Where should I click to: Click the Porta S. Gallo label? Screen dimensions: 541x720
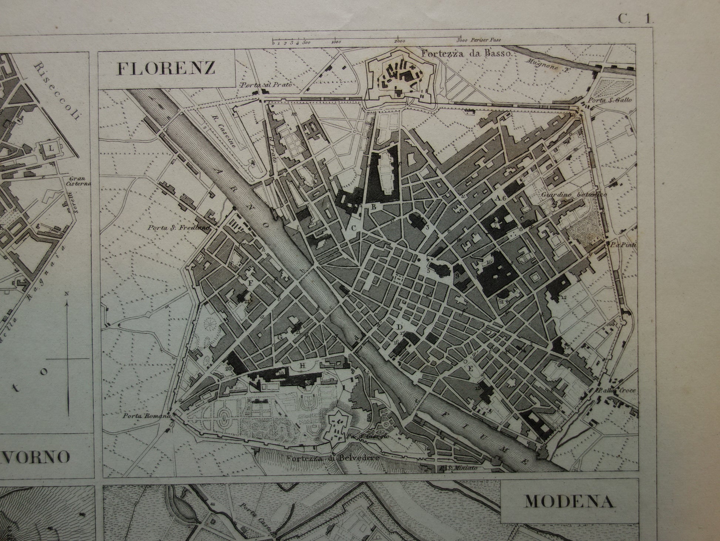tap(612, 100)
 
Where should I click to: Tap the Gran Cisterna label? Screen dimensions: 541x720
tap(77, 180)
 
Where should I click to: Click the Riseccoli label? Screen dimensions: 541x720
tap(57, 91)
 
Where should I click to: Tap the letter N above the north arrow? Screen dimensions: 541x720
tap(67, 294)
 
